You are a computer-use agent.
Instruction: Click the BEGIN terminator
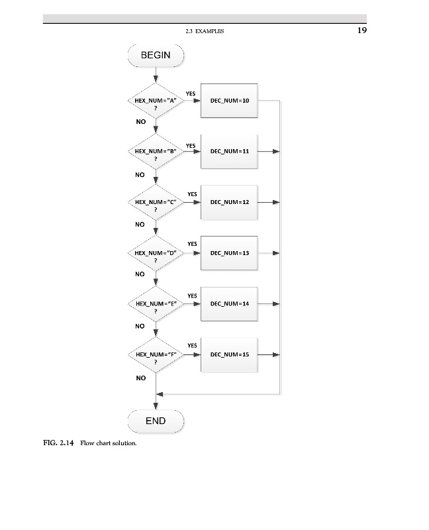[156, 55]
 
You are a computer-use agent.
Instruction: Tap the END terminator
[156, 421]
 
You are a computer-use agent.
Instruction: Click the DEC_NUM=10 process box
[229, 101]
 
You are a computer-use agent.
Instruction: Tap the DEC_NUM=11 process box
[229, 152]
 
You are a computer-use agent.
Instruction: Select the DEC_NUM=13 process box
[229, 253]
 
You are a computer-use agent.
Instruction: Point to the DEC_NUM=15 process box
[229, 355]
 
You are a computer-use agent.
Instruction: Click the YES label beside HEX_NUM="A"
[191, 94]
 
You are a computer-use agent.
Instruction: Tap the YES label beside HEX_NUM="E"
[192, 295]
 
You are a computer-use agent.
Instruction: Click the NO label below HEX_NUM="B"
[140, 175]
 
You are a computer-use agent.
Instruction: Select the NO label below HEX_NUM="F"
[140, 378]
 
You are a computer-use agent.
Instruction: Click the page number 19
[361, 30]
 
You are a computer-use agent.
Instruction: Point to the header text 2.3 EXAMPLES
[205, 31]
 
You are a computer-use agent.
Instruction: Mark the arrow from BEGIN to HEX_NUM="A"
[156, 74]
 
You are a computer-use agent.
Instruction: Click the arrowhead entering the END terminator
[156, 406]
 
